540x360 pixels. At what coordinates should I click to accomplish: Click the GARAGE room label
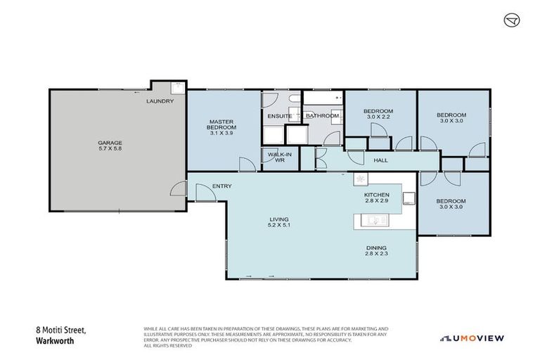coord(110,143)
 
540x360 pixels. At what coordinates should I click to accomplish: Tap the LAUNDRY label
coord(160,101)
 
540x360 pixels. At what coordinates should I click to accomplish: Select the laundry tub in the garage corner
coord(177,89)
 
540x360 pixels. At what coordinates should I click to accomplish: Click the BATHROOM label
coord(323,116)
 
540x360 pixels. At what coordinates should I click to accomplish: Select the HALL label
coord(380,160)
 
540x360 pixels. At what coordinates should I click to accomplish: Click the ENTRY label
coord(222,186)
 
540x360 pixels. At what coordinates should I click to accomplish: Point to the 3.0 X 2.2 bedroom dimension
coord(378,118)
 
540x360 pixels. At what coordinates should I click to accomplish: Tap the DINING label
coord(376,247)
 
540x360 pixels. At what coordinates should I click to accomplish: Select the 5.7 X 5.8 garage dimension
coord(110,149)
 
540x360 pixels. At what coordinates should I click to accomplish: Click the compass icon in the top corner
coord(511,20)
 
